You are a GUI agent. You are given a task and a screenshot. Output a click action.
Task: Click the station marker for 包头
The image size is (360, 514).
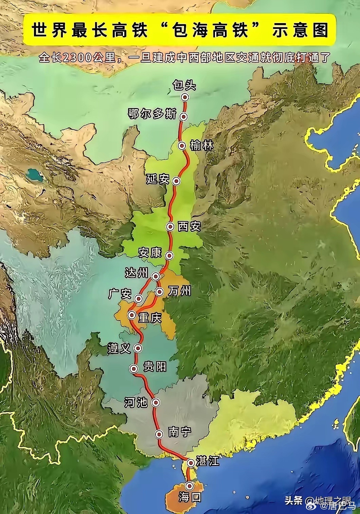pyautogui.click(x=185, y=98)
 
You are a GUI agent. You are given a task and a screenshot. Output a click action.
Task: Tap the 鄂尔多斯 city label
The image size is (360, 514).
pyautogui.click(x=152, y=114)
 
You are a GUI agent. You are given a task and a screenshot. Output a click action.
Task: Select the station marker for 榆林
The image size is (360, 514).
pyautogui.click(x=182, y=146)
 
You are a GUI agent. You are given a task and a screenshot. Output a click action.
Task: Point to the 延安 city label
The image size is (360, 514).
pyautogui.click(x=158, y=179)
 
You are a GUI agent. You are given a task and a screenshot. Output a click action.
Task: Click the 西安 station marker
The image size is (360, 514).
pyautogui.click(x=170, y=226)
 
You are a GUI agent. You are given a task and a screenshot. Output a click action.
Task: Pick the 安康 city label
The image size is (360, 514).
pyautogui.click(x=150, y=253)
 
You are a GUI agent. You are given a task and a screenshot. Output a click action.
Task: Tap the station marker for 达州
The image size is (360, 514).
pyautogui.click(x=156, y=276)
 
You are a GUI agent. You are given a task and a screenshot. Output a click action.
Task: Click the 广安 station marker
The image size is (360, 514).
pyautogui.click(x=138, y=298)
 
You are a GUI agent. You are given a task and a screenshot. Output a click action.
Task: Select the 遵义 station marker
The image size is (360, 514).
pyautogui.click(x=138, y=348)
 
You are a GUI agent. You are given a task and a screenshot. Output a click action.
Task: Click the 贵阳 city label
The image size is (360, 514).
pyautogui.click(x=155, y=367)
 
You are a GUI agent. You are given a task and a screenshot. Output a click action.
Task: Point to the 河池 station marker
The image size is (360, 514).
pyautogui.click(x=156, y=402)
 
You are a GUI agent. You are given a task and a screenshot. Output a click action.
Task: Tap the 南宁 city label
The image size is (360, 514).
pyautogui.click(x=180, y=432)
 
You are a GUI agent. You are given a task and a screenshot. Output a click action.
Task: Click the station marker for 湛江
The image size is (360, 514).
pyautogui.click(x=191, y=463)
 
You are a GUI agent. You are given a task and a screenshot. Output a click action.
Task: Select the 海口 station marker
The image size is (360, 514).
pyautogui.click(x=190, y=485)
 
